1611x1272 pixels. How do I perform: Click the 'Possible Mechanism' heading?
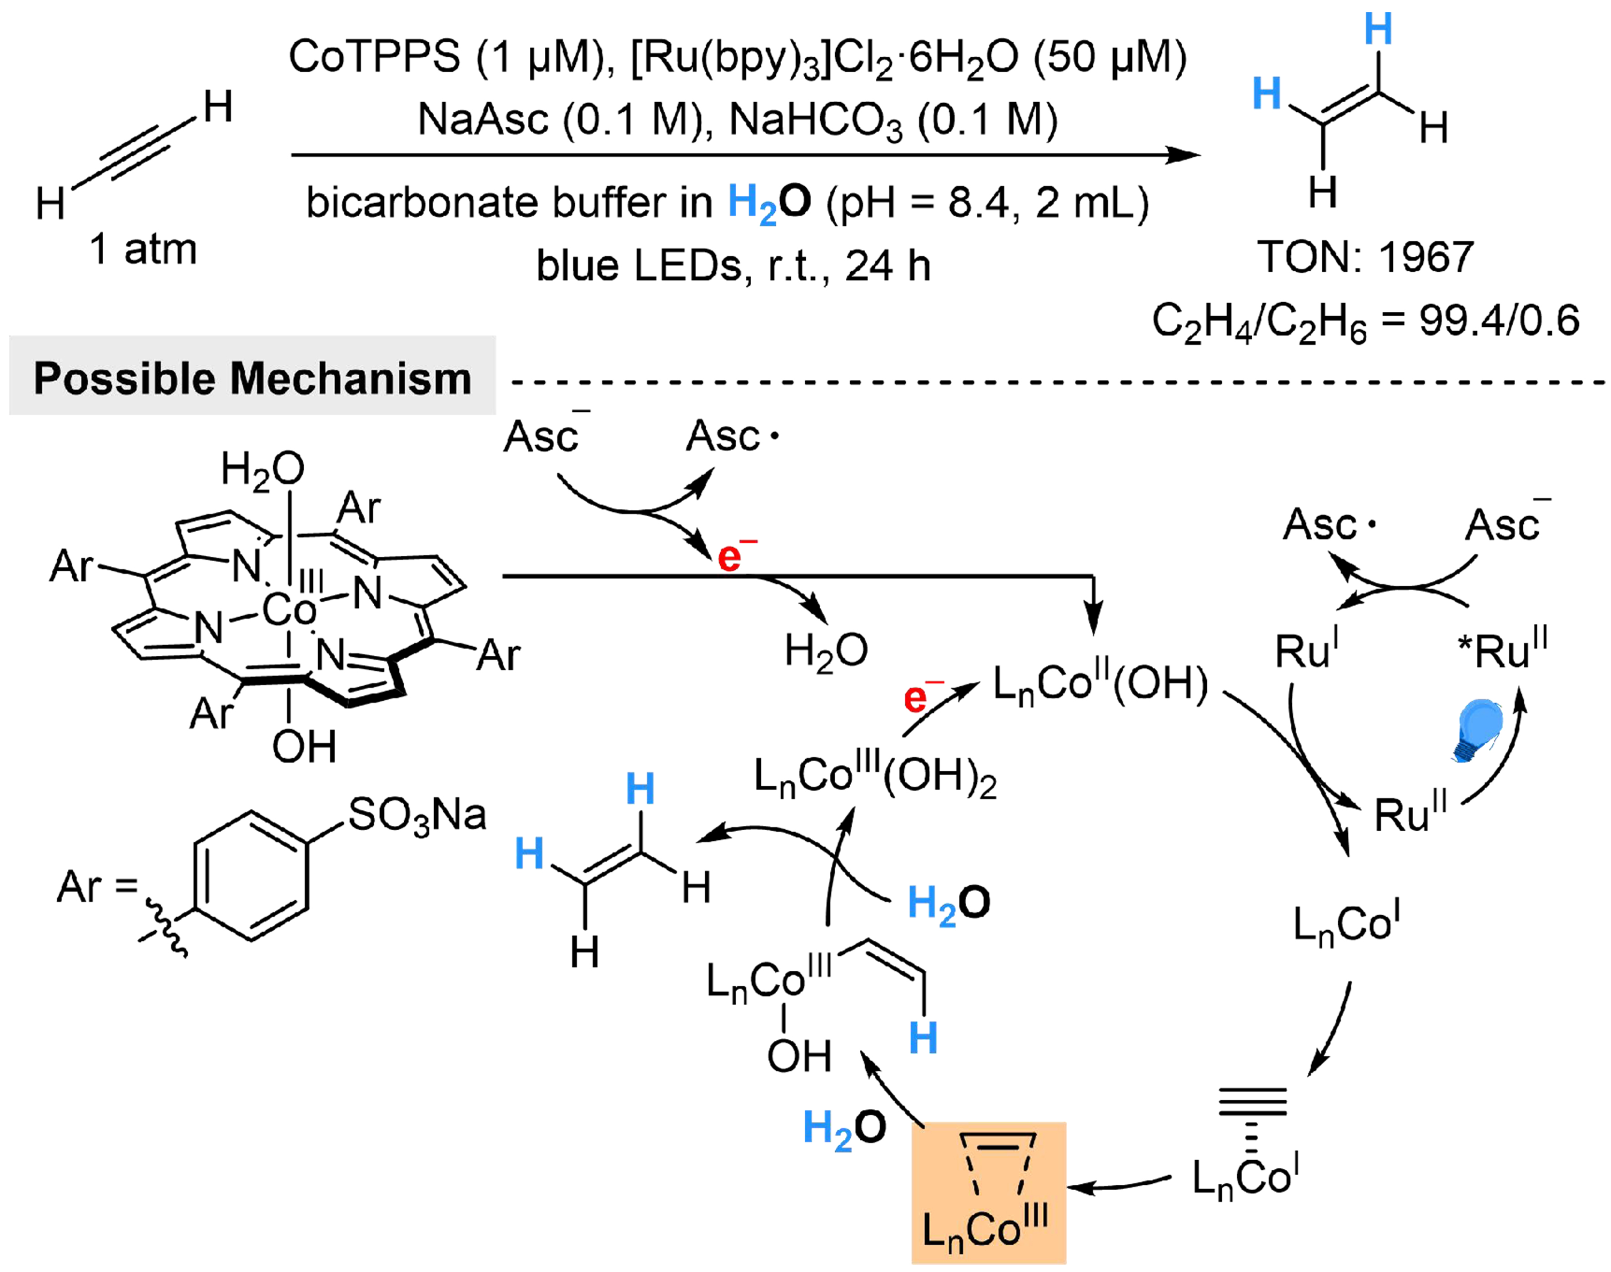252,378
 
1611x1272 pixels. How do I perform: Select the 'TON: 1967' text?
1365,257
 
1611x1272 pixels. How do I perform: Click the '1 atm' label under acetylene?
143,249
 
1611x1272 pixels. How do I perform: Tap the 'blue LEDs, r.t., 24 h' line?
733,266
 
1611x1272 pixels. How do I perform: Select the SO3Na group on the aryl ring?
417,815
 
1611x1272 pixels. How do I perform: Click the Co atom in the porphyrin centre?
289,611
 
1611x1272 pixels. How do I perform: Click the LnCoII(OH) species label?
1100,683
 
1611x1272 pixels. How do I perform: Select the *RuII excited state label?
1502,651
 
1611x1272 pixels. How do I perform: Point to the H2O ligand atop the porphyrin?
262,470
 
